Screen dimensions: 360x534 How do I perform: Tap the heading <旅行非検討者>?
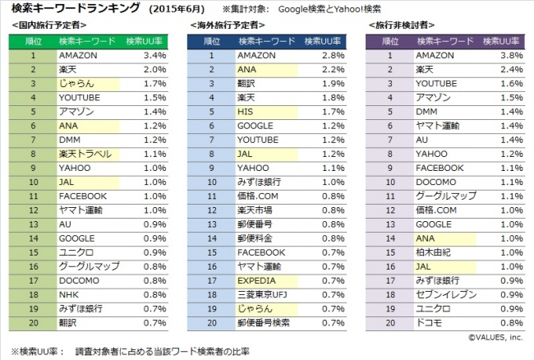coord(398,26)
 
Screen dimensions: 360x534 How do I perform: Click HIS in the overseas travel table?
coord(245,111)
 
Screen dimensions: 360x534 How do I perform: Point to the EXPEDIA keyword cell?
coord(257,280)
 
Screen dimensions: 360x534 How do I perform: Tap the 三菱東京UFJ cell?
coord(264,294)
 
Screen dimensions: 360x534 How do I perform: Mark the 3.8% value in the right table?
coord(511,55)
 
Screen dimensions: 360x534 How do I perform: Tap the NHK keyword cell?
coord(68,294)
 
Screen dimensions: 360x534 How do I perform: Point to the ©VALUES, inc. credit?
coord(496,336)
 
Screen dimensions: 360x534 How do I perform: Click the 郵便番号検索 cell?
coord(264,322)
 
